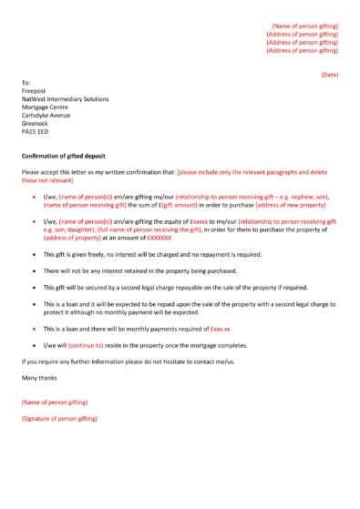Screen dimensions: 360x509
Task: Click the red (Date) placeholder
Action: click(x=329, y=74)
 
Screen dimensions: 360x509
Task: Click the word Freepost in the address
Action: click(x=34, y=90)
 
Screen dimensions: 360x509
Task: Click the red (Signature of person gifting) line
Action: click(x=58, y=419)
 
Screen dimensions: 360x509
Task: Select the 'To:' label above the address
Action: click(x=25, y=82)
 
